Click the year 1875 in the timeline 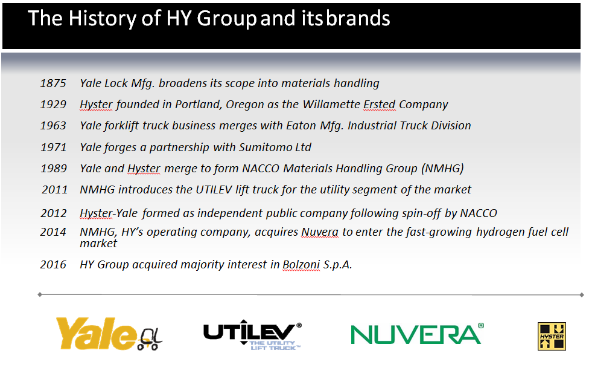[53, 83]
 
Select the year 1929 [53, 104]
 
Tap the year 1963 [53, 125]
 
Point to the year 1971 [53, 147]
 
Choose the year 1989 [54, 168]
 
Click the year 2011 [54, 189]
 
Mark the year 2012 [54, 213]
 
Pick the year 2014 [53, 232]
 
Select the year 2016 [53, 265]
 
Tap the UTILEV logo [252, 335]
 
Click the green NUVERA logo [417, 334]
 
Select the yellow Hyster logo [552, 336]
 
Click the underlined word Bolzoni [301, 265]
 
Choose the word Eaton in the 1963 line [301, 125]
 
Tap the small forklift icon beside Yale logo [150, 339]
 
